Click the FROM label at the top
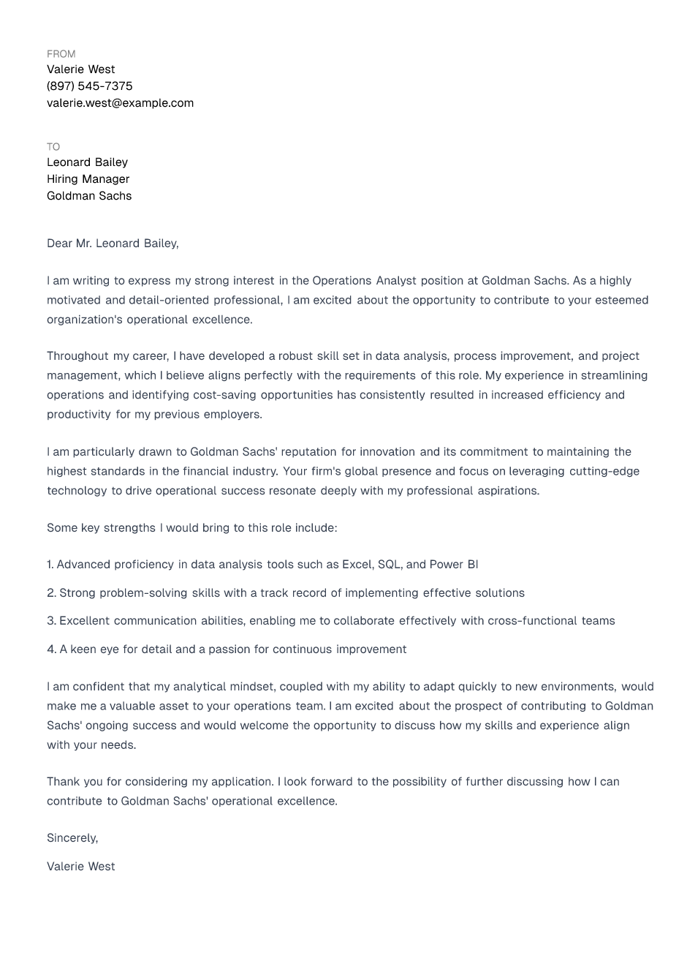click(61, 54)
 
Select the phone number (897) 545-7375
click(89, 86)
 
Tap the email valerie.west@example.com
click(120, 103)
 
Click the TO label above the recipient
click(53, 147)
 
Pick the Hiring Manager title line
click(88, 179)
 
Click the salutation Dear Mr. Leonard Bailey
click(113, 244)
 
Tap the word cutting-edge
click(604, 471)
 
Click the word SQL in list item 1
click(389, 565)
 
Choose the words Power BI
click(454, 565)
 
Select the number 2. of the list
click(51, 593)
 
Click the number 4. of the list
click(51, 649)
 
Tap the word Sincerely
click(72, 838)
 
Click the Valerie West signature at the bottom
click(80, 867)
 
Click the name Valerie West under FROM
click(80, 69)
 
